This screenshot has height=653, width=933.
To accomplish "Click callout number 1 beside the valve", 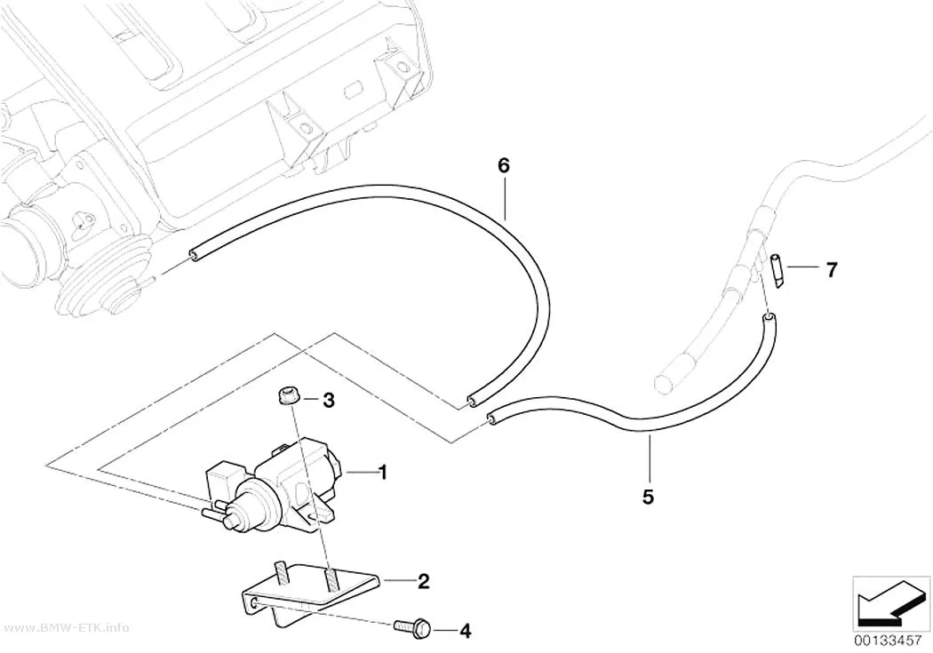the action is (x=383, y=473).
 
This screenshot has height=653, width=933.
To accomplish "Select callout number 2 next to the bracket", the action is (x=423, y=581).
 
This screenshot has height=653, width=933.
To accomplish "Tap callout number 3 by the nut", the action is (x=329, y=401).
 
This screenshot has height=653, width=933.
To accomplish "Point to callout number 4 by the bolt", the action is (x=466, y=631).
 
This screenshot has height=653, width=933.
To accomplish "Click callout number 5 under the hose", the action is (x=648, y=496).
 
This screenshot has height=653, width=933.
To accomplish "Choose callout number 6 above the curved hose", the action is (x=504, y=165).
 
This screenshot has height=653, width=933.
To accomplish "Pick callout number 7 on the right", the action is (x=831, y=270).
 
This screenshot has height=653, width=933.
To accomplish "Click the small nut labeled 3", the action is (x=288, y=396).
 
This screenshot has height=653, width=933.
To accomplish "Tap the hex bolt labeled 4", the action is (x=412, y=627).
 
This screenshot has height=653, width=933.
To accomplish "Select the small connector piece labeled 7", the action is (x=777, y=271).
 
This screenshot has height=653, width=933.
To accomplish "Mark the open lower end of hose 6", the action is (x=471, y=402).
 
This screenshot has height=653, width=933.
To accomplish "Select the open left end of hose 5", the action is (x=490, y=419).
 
